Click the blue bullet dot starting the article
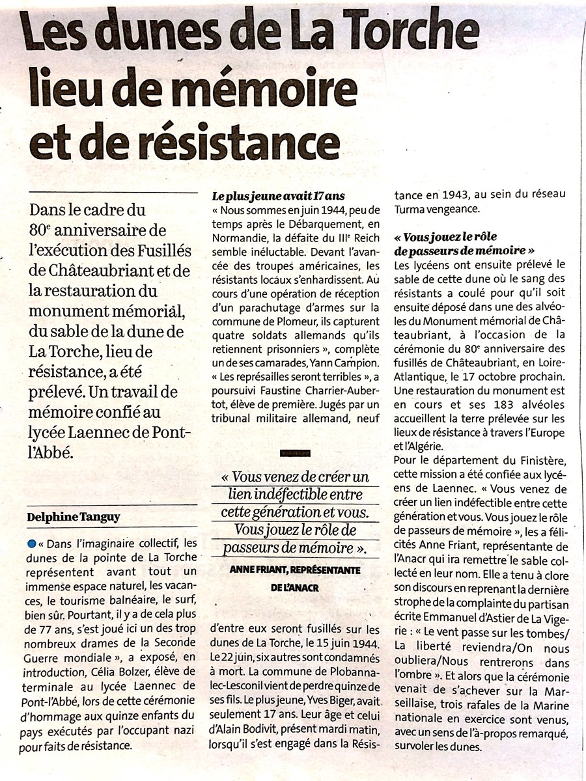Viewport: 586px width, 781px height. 31,543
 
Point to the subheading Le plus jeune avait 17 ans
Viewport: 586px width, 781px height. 277,195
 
